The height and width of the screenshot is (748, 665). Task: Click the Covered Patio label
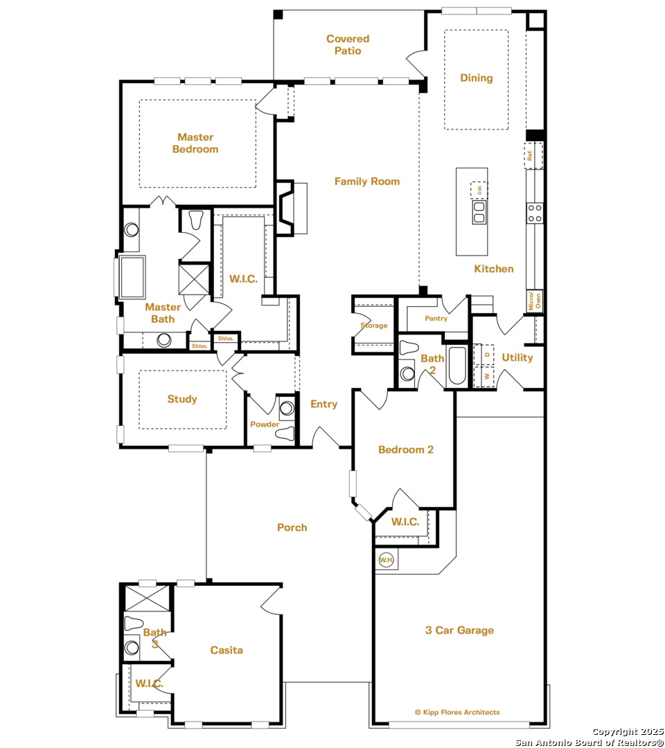tap(348, 45)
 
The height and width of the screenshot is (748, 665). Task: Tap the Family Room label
tap(367, 181)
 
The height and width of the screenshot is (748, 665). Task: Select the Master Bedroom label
tap(195, 143)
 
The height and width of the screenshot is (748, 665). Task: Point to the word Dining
tap(476, 78)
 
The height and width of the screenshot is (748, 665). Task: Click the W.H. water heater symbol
tap(386, 560)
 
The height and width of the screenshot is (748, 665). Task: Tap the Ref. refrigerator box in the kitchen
tap(533, 156)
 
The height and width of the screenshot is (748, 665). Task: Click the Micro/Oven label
tap(535, 301)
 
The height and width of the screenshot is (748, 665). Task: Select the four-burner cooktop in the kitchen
tap(535, 213)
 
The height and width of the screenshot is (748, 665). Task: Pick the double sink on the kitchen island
tap(479, 213)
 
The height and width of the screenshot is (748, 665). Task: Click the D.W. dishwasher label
tap(479, 190)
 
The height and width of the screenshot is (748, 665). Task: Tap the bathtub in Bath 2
tap(457, 366)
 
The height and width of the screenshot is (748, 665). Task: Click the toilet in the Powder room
tap(285, 434)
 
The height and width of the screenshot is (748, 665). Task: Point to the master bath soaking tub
tap(132, 278)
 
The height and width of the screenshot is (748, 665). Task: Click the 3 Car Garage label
tap(459, 630)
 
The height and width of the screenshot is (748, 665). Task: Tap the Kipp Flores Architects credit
tap(457, 712)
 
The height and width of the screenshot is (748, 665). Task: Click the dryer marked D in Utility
tap(484, 355)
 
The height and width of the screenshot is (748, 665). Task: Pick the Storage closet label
tap(374, 326)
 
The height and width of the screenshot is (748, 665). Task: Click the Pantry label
tap(436, 318)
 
